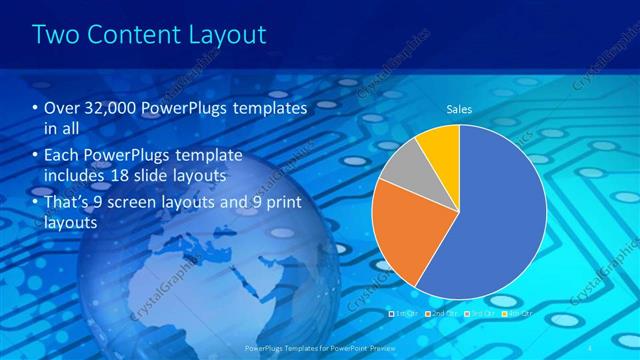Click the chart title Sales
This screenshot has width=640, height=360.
pos(459,109)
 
